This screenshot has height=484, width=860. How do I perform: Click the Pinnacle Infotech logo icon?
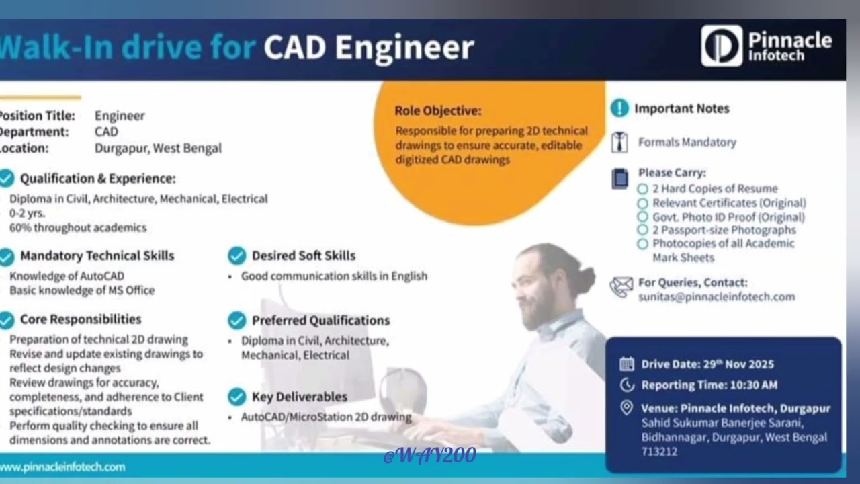(x=722, y=46)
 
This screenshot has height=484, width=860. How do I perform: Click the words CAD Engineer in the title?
(x=369, y=48)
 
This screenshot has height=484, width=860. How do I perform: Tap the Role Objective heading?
(x=437, y=111)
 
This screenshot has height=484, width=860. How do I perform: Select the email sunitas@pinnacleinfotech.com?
(x=716, y=296)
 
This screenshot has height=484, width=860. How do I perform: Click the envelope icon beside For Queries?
(x=621, y=288)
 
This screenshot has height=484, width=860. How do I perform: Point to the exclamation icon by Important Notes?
(x=619, y=108)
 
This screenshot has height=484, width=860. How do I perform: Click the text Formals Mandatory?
(x=687, y=143)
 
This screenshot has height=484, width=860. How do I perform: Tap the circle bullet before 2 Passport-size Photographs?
(x=642, y=231)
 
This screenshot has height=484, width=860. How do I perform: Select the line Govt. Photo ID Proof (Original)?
(x=728, y=217)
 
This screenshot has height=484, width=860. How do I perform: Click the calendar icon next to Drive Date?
(x=626, y=364)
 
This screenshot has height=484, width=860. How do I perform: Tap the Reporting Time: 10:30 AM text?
(x=709, y=385)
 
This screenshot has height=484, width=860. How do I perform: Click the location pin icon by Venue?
(x=626, y=407)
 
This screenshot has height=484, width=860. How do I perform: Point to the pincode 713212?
(x=659, y=452)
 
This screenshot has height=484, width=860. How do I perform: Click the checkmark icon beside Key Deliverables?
(x=236, y=397)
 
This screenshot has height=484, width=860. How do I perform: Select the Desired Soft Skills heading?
(x=303, y=256)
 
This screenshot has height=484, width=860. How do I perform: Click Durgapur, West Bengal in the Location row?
(x=158, y=149)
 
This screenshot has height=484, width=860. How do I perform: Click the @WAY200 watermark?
(x=429, y=456)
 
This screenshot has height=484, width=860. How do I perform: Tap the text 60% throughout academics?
(x=78, y=228)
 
